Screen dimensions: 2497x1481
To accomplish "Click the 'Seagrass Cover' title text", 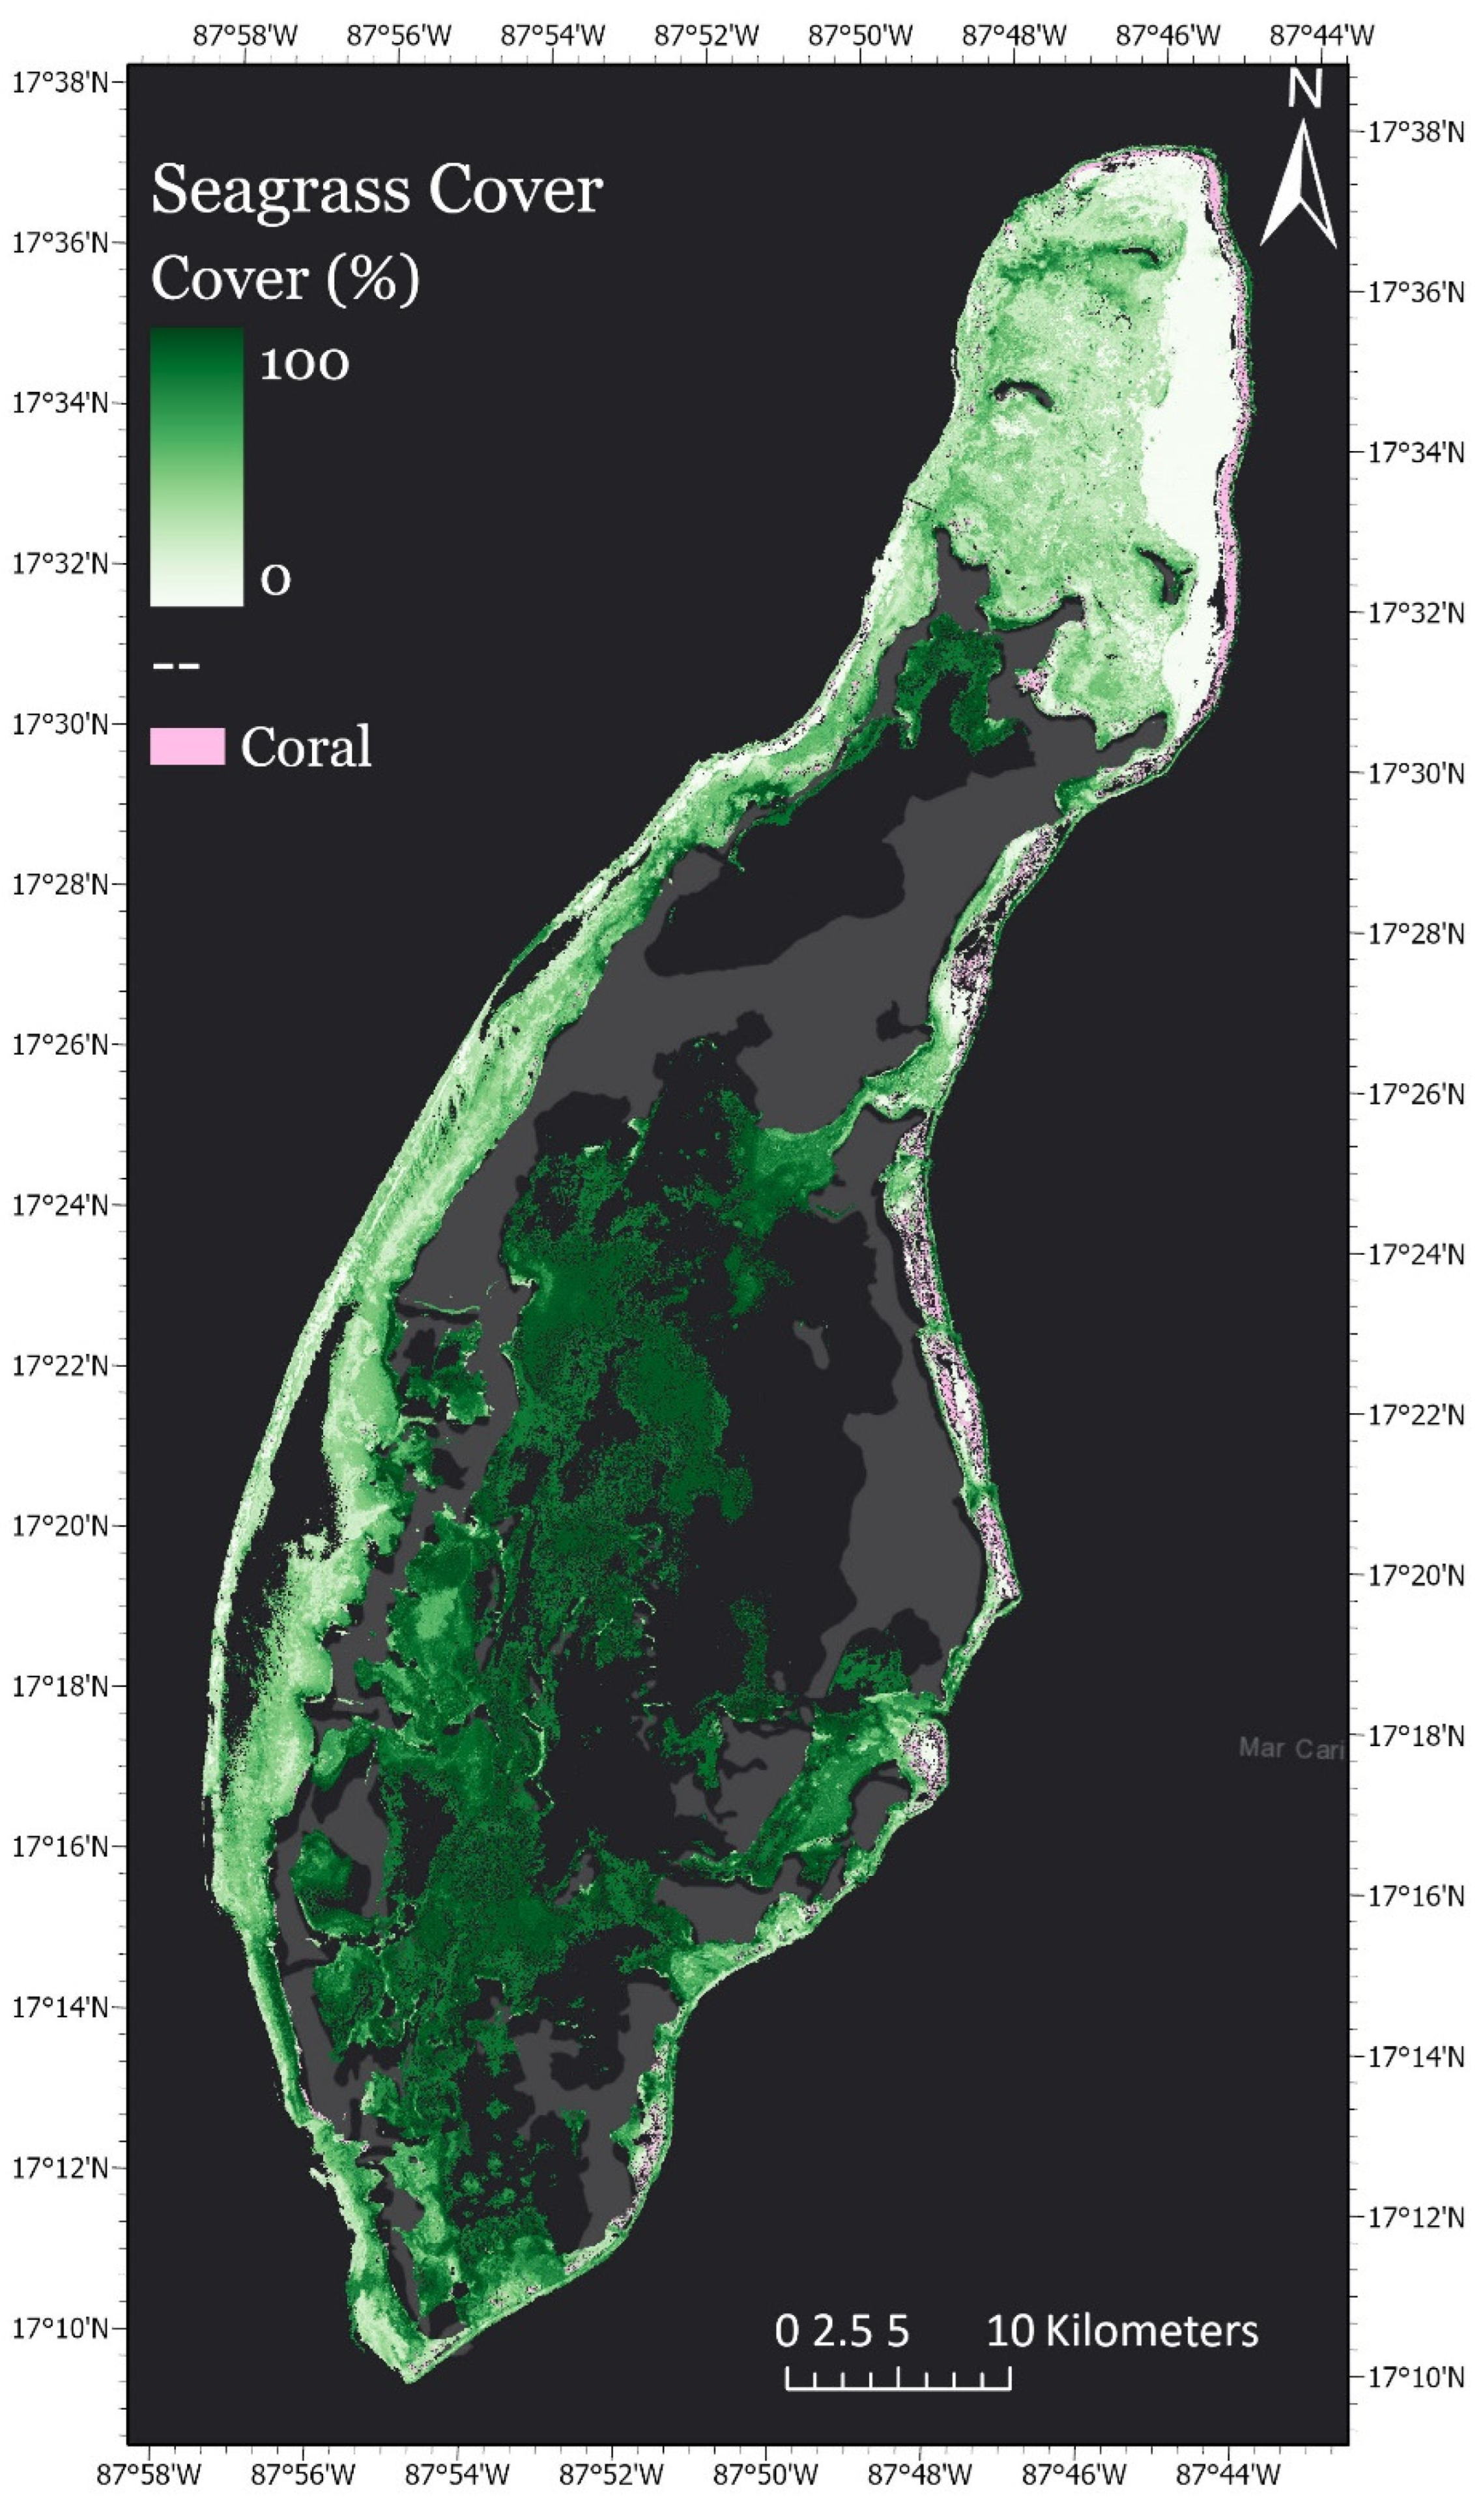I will click(376, 190).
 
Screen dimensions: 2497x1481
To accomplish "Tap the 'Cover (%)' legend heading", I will click(285, 278).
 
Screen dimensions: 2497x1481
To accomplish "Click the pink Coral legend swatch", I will click(186, 746).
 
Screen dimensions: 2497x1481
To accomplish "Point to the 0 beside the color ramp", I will click(276, 579).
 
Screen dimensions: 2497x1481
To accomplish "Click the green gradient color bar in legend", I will click(197, 466).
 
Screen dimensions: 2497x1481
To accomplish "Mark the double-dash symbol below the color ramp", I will click(177, 665).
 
